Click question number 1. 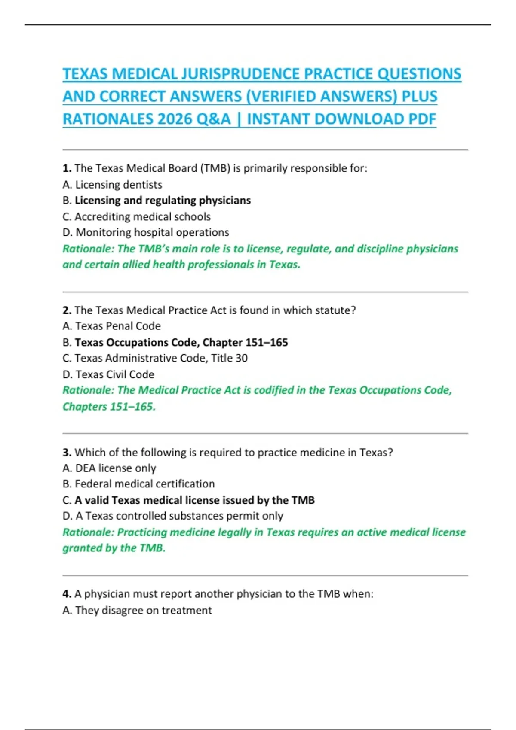[x=67, y=168]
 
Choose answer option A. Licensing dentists [x=113, y=185]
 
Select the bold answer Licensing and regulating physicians [x=163, y=201]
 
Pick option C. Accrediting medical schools [x=137, y=217]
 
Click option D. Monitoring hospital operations [x=146, y=232]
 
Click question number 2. [x=67, y=310]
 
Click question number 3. [x=67, y=453]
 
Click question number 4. [x=67, y=594]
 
